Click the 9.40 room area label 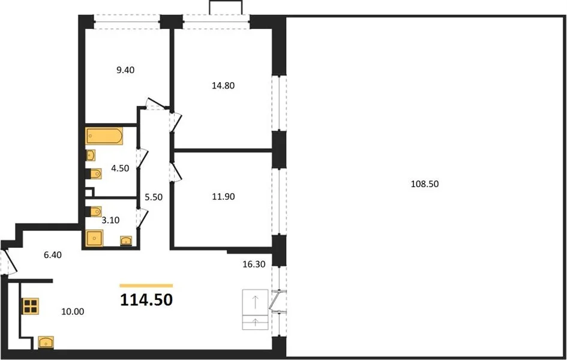coord(125,70)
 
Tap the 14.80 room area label coord(223,86)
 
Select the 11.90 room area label coord(223,197)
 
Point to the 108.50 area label coord(425,184)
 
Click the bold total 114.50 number coord(146,299)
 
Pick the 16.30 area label coord(254,264)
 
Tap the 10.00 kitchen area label coord(73,311)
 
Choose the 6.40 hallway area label coord(53,255)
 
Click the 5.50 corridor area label coord(154,197)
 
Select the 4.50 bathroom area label coord(120,169)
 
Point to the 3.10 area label coord(110,220)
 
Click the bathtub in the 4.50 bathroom coord(104,136)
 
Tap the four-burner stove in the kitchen coord(31,306)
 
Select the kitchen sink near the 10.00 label coord(46,342)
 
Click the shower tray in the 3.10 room coord(94,238)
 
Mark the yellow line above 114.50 coord(146,286)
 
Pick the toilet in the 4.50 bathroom coord(93,174)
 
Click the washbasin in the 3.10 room coord(126,241)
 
